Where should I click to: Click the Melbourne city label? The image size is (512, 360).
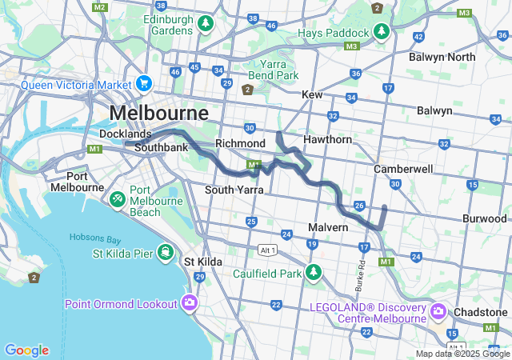[158, 112]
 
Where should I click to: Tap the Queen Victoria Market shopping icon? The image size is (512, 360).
[144, 83]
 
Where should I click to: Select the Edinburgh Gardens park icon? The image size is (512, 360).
[206, 24]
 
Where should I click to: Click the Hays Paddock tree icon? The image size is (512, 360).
[382, 32]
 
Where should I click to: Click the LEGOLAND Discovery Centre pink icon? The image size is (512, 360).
[438, 310]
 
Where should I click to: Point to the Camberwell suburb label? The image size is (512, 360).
[403, 170]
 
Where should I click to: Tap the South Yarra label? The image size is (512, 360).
[234, 190]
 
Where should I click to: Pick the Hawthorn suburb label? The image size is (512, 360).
[327, 139]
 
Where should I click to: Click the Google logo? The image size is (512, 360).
[26, 350]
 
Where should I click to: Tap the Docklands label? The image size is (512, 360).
[125, 134]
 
